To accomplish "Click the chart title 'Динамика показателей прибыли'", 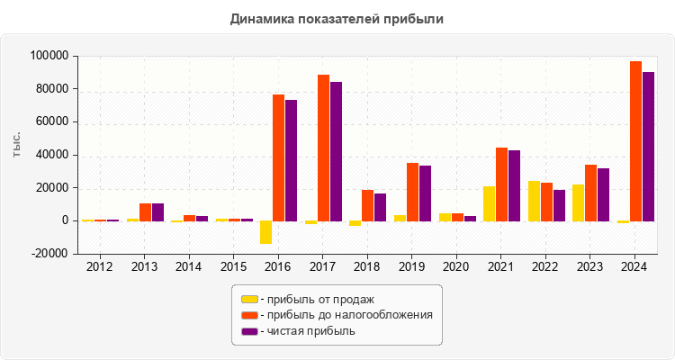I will [337, 18].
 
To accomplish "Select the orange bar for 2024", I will [635, 141].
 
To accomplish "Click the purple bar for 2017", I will [336, 151].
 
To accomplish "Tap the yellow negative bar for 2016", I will [265, 232].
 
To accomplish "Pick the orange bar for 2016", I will [279, 157].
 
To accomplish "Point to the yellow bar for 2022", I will [534, 201].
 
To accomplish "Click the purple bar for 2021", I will [514, 185].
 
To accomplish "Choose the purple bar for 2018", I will [381, 207].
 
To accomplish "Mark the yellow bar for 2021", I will [489, 203].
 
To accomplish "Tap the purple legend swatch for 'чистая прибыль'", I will [249, 331].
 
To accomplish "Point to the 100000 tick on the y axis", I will [49, 56].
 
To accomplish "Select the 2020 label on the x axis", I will [455, 266].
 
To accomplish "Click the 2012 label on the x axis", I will [100, 266].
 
